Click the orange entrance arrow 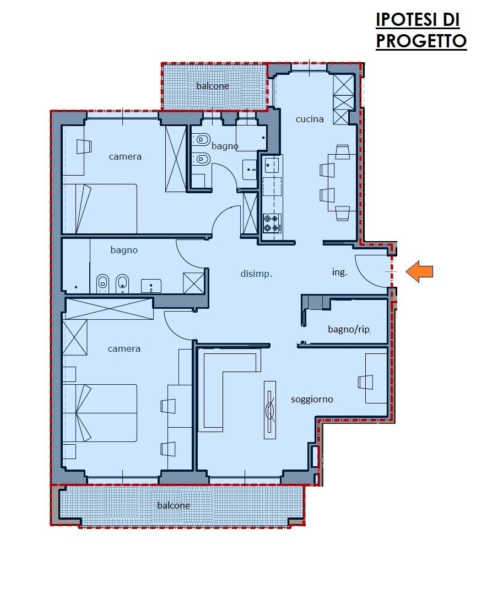pyautogui.click(x=419, y=272)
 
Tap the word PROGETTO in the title pyautogui.click(x=421, y=41)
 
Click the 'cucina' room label pyautogui.click(x=310, y=119)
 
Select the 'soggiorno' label pyautogui.click(x=312, y=400)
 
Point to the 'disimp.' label pyautogui.click(x=256, y=274)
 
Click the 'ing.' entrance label pyautogui.click(x=339, y=272)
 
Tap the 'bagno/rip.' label pyautogui.click(x=349, y=330)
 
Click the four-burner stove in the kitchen pyautogui.click(x=272, y=223)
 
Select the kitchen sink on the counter pyautogui.click(x=272, y=165)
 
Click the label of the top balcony pyautogui.click(x=213, y=86)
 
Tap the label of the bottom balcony pyautogui.click(x=174, y=505)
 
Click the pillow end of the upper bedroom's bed pyautogui.click(x=84, y=209)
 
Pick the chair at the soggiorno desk pyautogui.click(x=365, y=382)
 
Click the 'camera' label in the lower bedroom pyautogui.click(x=124, y=349)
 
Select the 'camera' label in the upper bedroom pyautogui.click(x=125, y=157)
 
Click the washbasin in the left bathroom pyautogui.click(x=151, y=286)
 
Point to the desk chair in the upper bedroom pyautogui.click(x=84, y=146)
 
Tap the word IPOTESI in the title pyautogui.click(x=407, y=20)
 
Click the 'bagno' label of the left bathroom pyautogui.click(x=123, y=250)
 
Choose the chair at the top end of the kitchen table pyautogui.click(x=342, y=152)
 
